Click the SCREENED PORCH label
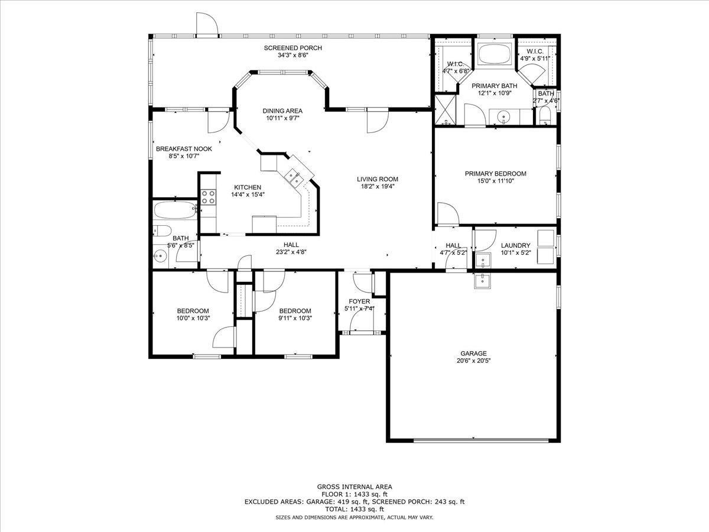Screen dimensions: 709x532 292,48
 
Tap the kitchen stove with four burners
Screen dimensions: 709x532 209,197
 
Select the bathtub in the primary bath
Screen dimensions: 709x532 495,54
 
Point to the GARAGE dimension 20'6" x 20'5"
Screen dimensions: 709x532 473,361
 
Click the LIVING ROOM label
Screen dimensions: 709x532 378,179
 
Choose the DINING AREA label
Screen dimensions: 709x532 282,111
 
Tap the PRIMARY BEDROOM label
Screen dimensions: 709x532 496,173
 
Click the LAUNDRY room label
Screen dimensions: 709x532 516,245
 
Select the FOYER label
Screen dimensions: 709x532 359,301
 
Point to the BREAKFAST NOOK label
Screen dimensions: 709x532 184,149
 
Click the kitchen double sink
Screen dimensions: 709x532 293,178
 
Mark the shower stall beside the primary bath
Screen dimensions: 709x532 445,110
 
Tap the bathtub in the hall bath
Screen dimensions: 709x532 175,210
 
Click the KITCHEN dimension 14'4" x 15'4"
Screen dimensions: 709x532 248,194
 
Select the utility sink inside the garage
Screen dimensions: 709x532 483,281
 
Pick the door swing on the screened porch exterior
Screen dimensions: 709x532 206,23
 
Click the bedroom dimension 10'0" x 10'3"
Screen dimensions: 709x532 193,318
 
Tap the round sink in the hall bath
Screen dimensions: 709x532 160,257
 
